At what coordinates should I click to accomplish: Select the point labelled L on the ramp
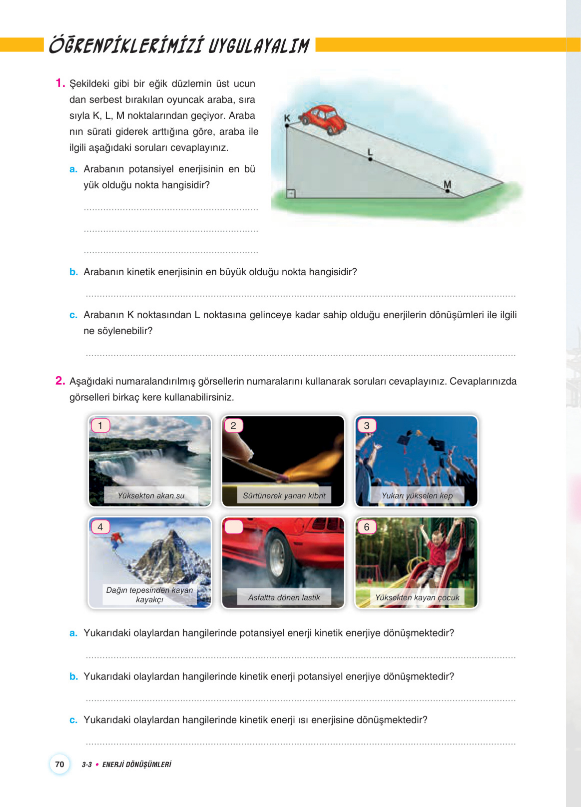(x=370, y=159)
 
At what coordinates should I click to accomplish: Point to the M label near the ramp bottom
(x=447, y=185)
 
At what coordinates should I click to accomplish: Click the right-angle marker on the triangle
(x=291, y=193)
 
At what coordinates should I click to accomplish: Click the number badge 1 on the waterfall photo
(x=100, y=425)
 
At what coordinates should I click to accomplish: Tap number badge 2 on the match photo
(x=233, y=425)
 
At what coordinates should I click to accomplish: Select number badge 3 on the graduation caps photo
(x=367, y=425)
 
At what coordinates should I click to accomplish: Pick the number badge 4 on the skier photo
(x=100, y=527)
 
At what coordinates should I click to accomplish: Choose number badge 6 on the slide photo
(x=367, y=527)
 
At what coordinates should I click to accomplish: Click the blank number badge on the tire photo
(x=233, y=527)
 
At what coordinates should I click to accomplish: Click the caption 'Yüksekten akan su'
(x=151, y=496)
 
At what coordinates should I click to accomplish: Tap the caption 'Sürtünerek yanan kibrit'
(x=284, y=496)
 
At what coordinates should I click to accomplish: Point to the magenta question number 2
(x=60, y=381)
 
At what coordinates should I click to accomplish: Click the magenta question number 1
(x=60, y=83)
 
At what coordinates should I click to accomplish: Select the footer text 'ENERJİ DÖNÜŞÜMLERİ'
(x=137, y=764)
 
